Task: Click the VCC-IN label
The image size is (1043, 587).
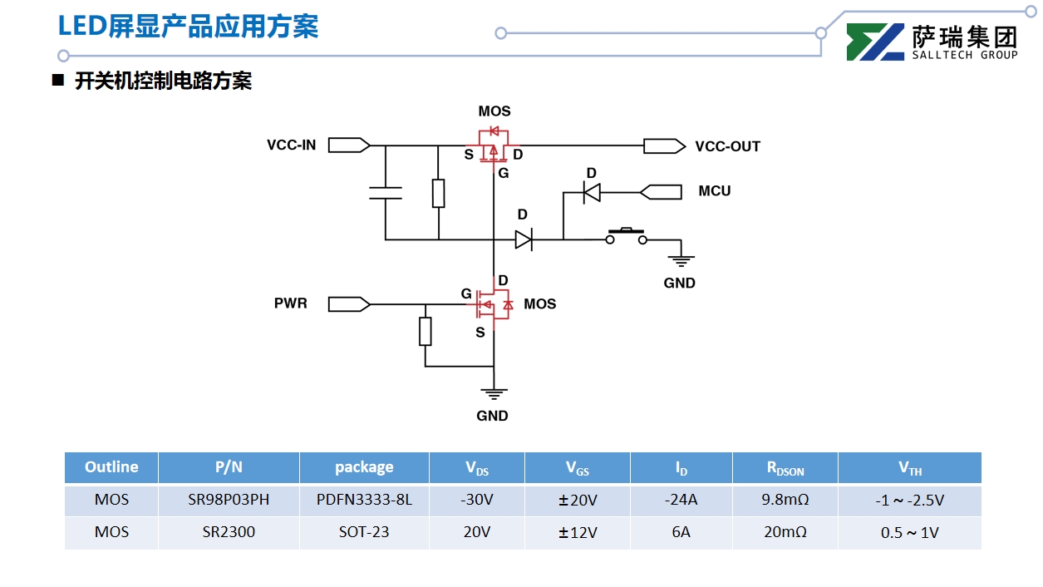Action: pos(291,146)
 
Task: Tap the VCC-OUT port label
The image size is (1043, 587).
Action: pos(727,146)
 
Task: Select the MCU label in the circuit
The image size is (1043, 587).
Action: pos(714,191)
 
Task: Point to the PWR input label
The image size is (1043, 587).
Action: pos(291,304)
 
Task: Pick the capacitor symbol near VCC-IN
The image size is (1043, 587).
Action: pos(386,194)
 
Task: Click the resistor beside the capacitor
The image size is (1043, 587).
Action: pos(438,193)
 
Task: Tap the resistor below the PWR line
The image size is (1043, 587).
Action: pos(426,331)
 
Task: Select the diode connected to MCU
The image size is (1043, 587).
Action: pos(592,192)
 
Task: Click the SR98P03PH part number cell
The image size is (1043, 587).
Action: pos(229,501)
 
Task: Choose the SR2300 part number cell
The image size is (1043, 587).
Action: pos(229,532)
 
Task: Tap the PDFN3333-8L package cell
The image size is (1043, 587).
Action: pos(364,501)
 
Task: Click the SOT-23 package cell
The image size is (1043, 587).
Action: pos(364,532)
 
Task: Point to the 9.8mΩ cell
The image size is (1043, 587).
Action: pos(785,501)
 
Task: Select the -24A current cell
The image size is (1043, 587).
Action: pos(681,501)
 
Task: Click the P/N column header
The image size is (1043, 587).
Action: pos(229,467)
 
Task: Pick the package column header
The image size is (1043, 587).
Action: pos(364,467)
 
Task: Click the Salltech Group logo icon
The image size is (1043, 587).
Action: pos(874,42)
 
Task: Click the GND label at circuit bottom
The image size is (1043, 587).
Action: pos(492,416)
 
